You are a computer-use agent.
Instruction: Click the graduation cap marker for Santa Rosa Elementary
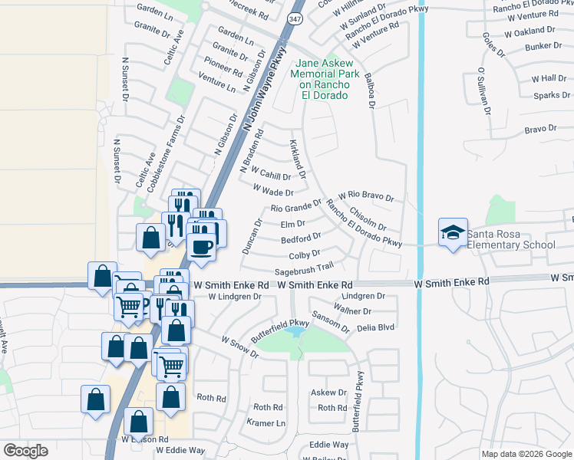(x=453, y=232)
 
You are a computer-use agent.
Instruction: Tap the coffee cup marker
(x=202, y=248)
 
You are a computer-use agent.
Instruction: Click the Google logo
(x=26, y=451)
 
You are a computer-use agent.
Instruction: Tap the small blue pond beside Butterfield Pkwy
(x=294, y=333)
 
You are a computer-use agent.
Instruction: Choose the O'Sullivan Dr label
(x=482, y=90)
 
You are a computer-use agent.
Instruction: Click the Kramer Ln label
(x=266, y=422)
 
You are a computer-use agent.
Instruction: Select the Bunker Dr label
(x=544, y=46)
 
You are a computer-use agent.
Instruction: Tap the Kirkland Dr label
(x=297, y=159)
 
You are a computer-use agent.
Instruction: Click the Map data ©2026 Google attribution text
(x=526, y=454)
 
